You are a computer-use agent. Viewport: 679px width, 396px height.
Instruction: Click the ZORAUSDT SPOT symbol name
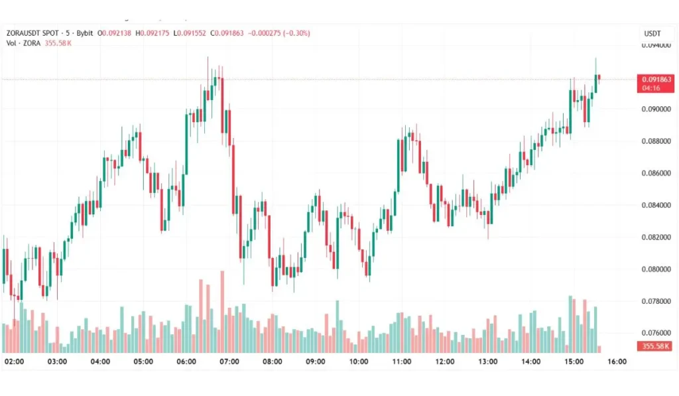pyautogui.click(x=32, y=33)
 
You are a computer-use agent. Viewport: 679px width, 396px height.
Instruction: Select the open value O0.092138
pyautogui.click(x=115, y=33)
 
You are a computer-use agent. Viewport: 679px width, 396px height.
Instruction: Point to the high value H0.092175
pyautogui.click(x=153, y=33)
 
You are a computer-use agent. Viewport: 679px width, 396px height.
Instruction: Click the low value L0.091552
pyautogui.click(x=190, y=33)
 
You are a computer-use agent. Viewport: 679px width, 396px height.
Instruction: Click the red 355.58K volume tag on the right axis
pyautogui.click(x=654, y=346)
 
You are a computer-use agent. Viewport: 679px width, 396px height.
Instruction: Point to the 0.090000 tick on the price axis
pyautogui.click(x=654, y=109)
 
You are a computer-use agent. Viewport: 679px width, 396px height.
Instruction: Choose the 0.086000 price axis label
pyautogui.click(x=654, y=173)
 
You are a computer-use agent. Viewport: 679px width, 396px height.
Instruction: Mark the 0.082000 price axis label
pyautogui.click(x=654, y=237)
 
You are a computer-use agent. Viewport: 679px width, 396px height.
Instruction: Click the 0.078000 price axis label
pyautogui.click(x=654, y=301)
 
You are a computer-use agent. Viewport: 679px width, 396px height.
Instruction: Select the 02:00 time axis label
pyautogui.click(x=14, y=362)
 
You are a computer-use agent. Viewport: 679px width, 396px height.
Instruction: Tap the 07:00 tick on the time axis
pyautogui.click(x=229, y=362)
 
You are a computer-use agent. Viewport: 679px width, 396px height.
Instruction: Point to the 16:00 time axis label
pyautogui.click(x=617, y=362)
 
